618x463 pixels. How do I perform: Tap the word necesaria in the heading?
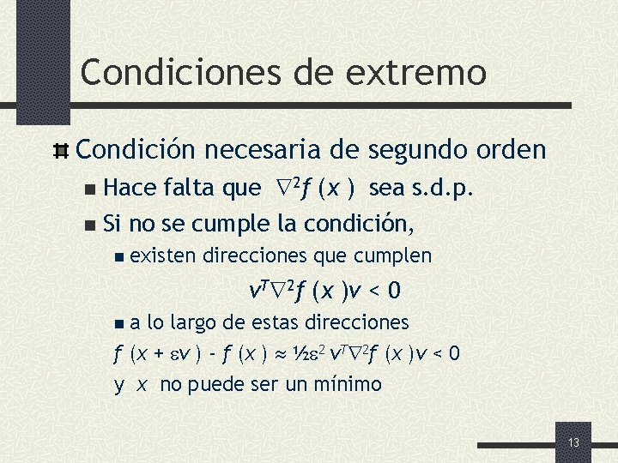276,150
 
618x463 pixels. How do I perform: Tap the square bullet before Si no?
92,225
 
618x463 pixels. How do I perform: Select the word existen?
162,256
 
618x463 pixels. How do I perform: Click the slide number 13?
573,442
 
